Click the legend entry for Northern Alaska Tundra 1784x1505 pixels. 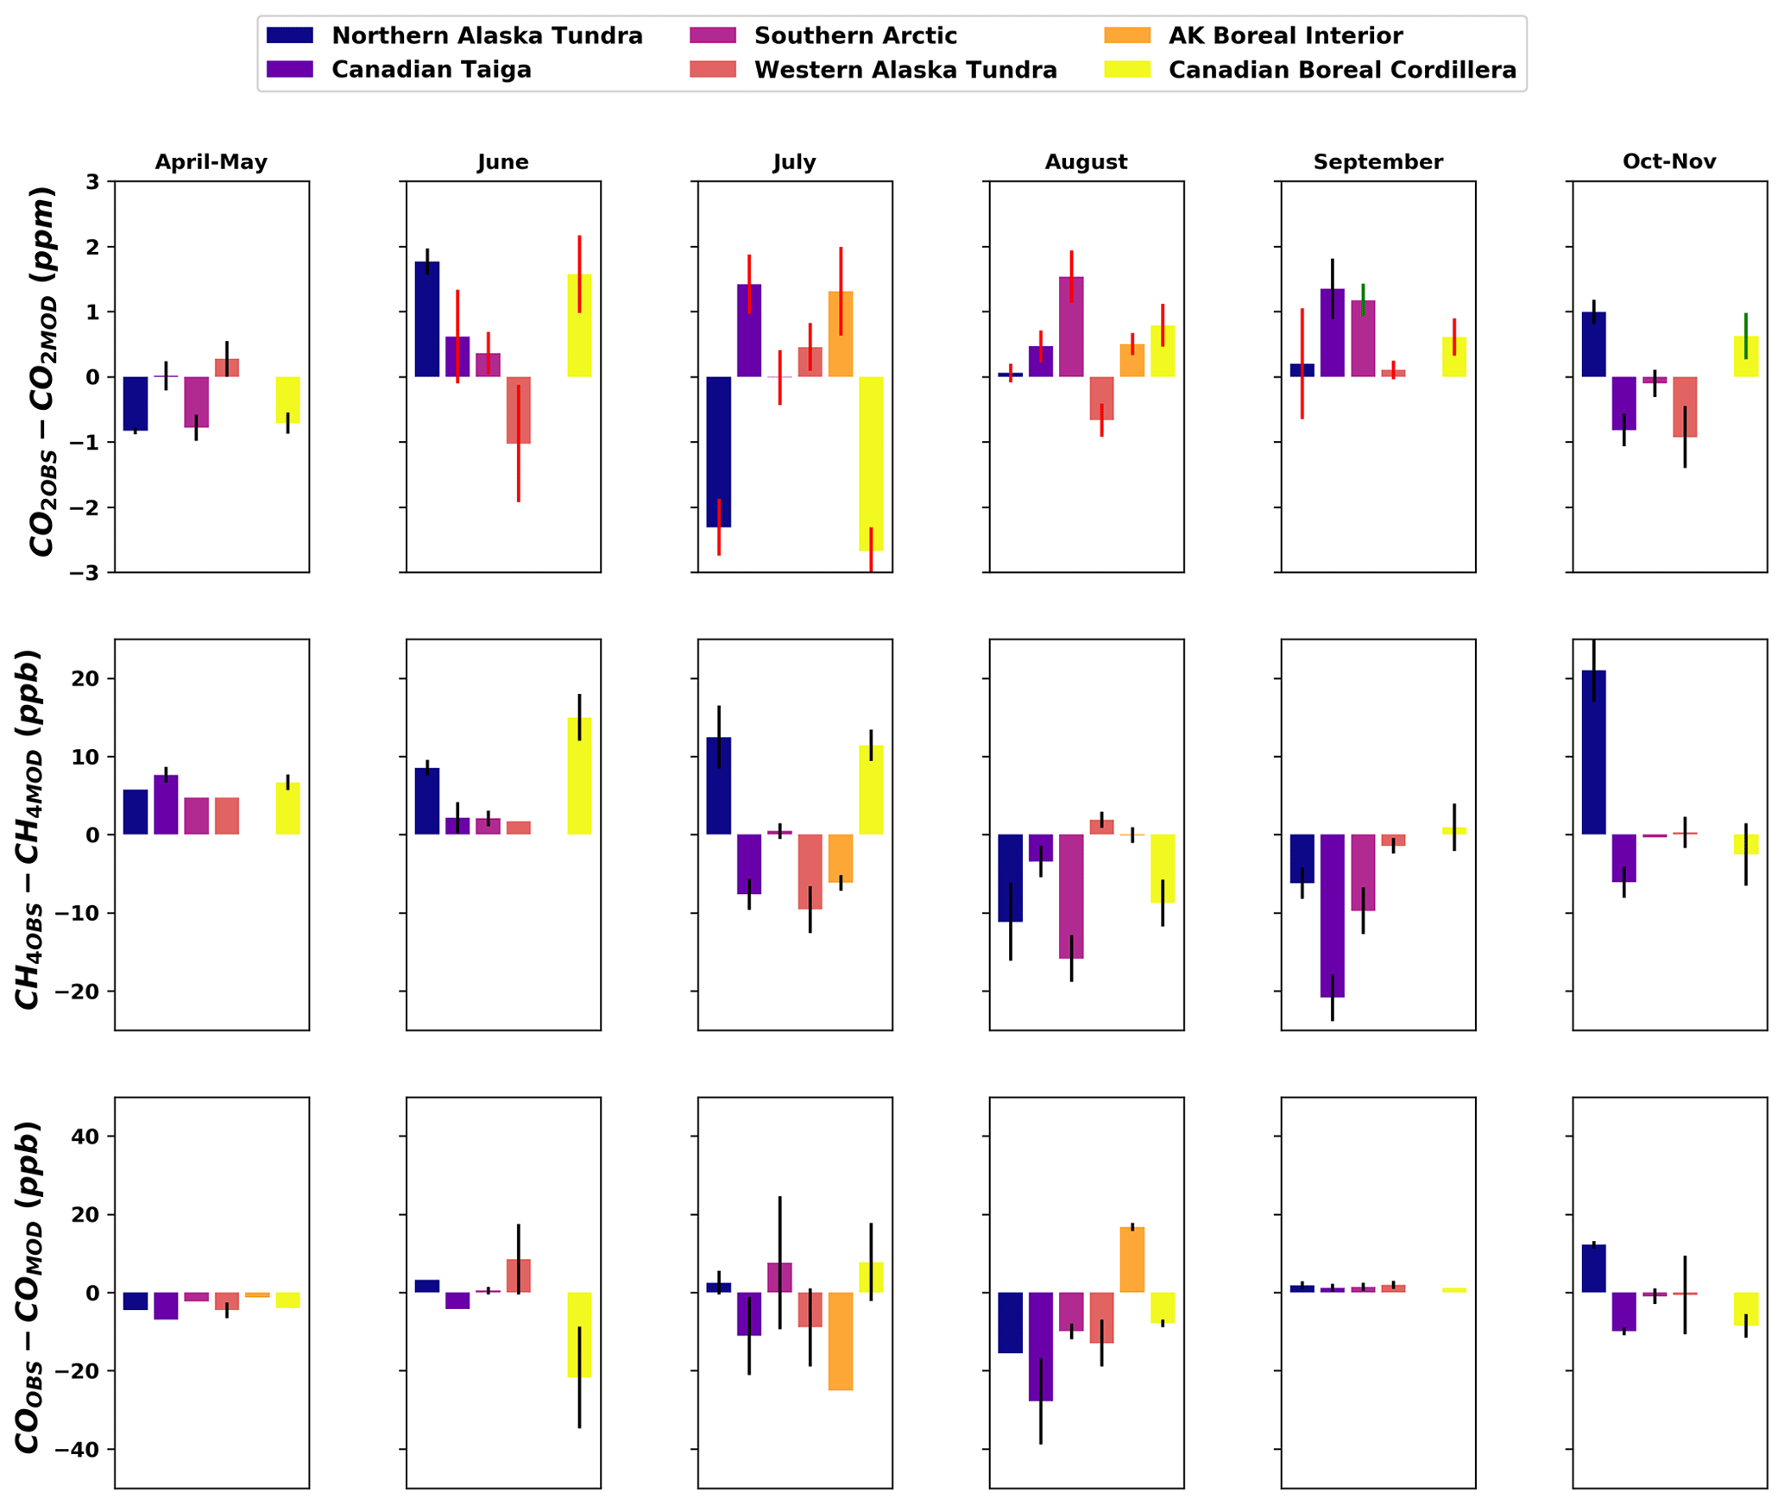(487, 36)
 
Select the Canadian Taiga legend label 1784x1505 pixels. (431, 70)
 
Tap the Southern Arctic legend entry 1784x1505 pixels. (854, 36)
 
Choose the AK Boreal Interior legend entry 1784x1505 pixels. (1285, 36)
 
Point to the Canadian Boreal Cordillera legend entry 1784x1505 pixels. (1341, 70)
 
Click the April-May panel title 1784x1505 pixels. (211, 162)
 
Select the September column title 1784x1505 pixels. (1377, 162)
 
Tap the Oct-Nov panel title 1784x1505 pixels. (1669, 162)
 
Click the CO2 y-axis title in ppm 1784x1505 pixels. (43, 371)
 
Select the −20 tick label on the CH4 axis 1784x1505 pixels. (78, 992)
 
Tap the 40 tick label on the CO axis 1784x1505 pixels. (86, 1137)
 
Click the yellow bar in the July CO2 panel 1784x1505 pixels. (871, 463)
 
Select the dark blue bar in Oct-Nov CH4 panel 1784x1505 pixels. (1593, 752)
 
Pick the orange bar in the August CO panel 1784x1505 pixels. (1132, 1259)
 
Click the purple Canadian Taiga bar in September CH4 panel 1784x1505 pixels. (1332, 915)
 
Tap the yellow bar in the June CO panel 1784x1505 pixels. (579, 1334)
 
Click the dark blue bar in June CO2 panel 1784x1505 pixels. (426, 319)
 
